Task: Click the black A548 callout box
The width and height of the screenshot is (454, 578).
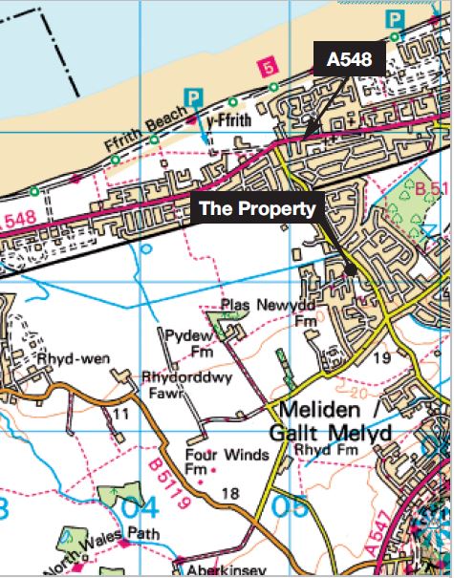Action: (x=349, y=60)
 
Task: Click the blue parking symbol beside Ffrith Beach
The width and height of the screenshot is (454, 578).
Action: (x=194, y=96)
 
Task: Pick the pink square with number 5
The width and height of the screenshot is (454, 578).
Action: (x=269, y=66)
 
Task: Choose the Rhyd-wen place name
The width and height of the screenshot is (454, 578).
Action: (x=74, y=359)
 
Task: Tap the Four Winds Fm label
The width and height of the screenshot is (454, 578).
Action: (x=214, y=461)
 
